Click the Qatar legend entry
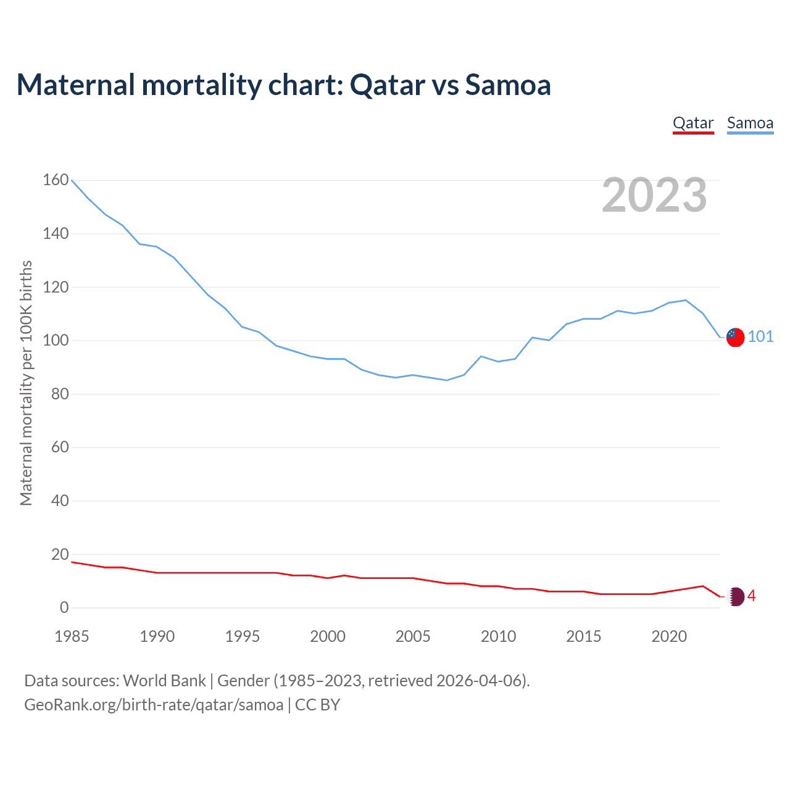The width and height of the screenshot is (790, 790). (x=693, y=123)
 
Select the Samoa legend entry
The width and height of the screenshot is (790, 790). (x=750, y=123)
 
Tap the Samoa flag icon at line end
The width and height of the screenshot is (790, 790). (x=735, y=337)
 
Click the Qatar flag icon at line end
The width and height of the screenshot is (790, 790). (x=735, y=596)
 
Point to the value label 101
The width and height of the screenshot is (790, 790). (x=760, y=336)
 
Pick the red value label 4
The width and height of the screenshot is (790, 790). (x=751, y=596)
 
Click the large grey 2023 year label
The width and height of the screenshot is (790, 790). (x=654, y=195)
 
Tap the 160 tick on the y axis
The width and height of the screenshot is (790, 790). (x=56, y=180)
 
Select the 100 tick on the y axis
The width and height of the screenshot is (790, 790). (x=56, y=340)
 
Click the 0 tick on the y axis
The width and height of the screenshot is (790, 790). (x=64, y=607)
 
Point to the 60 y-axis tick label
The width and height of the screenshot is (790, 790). (x=60, y=447)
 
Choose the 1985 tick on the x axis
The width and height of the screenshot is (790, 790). (x=72, y=636)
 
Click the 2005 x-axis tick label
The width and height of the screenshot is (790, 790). (x=413, y=636)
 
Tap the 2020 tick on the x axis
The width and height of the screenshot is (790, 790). (x=669, y=636)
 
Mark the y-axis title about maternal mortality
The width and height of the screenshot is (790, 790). (x=26, y=383)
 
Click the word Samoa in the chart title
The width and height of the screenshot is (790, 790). (x=507, y=85)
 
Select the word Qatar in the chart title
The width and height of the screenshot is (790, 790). (x=388, y=85)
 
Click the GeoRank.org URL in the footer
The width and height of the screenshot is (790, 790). (x=154, y=705)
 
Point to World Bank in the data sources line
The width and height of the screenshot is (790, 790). (x=164, y=681)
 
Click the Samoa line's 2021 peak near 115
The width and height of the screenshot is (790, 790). (x=686, y=300)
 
